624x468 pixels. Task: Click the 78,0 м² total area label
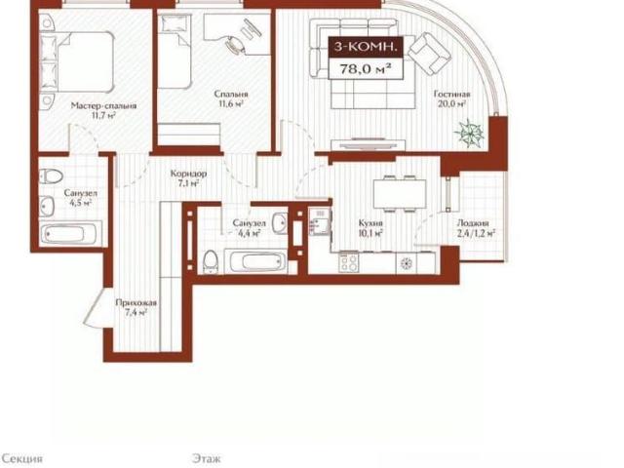click(x=364, y=69)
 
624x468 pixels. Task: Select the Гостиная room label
click(x=451, y=95)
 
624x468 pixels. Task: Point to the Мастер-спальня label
click(x=103, y=106)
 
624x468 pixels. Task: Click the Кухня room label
click(x=370, y=223)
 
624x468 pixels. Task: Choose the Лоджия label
click(x=473, y=223)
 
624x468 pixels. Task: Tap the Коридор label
click(x=188, y=174)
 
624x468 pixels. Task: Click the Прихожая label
click(x=136, y=303)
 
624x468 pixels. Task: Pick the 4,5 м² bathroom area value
click(x=81, y=203)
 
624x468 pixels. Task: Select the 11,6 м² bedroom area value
click(x=231, y=104)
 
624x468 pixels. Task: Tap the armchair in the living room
click(x=431, y=54)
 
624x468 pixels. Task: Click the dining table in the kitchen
click(x=400, y=194)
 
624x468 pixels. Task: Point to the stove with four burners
click(x=349, y=263)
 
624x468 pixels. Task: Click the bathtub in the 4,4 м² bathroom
click(x=255, y=262)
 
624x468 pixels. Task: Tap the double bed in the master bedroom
click(x=77, y=62)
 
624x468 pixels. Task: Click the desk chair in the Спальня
click(x=235, y=43)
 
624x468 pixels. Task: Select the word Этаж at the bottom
click(x=207, y=458)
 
